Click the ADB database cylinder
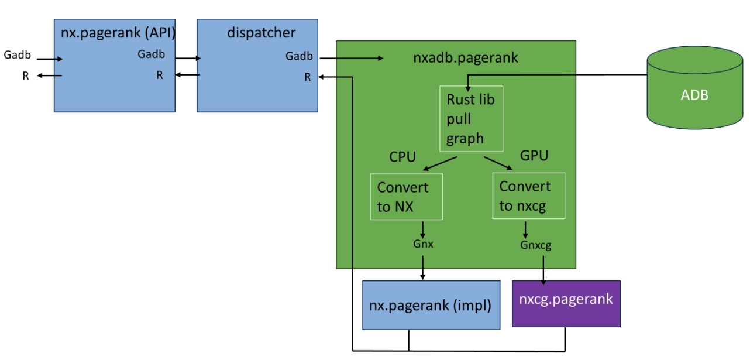pos(695,88)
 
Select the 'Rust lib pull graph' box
pos(471,119)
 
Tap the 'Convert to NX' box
pos(407,197)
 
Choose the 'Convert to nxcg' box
pos(529,196)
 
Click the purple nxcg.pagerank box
pos(566,304)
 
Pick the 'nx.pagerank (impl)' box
pos(431,305)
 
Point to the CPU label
pos(402,157)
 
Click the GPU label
pos(534,155)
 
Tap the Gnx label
pos(423,244)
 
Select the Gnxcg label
pos(536,245)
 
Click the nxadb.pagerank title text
pos(466,58)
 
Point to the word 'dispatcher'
pos(261,33)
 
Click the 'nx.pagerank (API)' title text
pos(118,33)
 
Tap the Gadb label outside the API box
pos(17,54)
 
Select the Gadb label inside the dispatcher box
pos(299,56)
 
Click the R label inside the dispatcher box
pos(308,77)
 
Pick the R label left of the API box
pos(26,76)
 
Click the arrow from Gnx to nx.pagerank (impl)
pos(422,268)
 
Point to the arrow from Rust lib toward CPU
pos(440,164)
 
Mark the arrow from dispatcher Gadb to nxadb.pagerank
pos(352,59)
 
